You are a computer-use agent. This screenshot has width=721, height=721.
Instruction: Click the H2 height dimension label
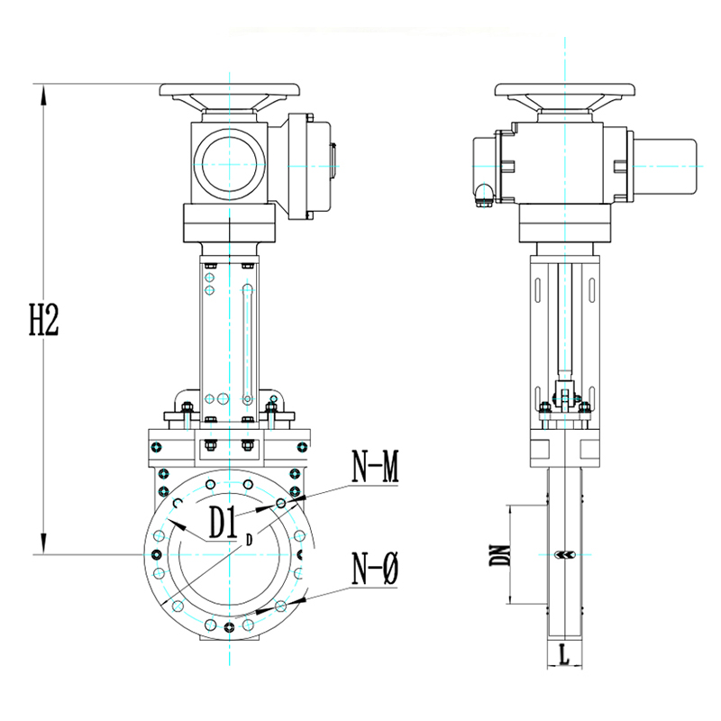click(x=44, y=320)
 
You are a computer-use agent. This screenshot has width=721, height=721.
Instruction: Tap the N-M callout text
click(x=375, y=467)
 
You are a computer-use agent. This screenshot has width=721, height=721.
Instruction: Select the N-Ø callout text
click(x=375, y=569)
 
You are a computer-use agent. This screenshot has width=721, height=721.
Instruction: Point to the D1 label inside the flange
click(x=223, y=523)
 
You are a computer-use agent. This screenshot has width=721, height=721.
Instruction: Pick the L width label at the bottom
click(x=564, y=655)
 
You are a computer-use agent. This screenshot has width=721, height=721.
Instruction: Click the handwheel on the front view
click(x=230, y=90)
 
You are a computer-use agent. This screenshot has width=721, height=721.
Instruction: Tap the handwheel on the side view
click(x=565, y=90)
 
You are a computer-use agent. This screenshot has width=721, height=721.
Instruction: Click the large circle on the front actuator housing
click(x=230, y=164)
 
